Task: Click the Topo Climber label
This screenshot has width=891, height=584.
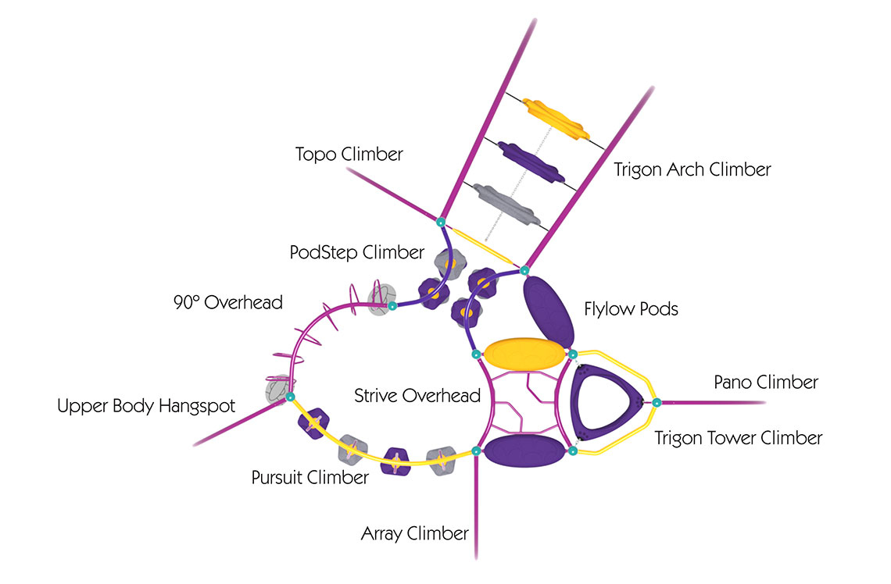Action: click(x=349, y=155)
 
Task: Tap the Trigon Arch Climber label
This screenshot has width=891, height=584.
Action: click(x=692, y=169)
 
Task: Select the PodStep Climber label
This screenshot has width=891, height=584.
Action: click(x=357, y=252)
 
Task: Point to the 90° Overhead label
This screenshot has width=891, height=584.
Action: click(x=228, y=302)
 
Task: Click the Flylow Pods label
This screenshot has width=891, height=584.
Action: click(x=632, y=309)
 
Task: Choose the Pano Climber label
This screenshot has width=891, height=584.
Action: click(x=766, y=383)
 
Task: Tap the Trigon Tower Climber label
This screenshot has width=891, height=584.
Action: click(x=738, y=438)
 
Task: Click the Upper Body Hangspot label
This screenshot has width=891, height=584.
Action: click(x=146, y=406)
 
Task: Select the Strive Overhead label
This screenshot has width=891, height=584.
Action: click(x=417, y=396)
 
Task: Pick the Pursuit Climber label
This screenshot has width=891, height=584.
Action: click(x=310, y=477)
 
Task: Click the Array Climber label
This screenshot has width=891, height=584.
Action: click(x=415, y=533)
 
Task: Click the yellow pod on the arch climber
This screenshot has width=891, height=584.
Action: click(x=556, y=119)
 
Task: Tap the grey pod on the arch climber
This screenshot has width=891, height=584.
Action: click(x=506, y=205)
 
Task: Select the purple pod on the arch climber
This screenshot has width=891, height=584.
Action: click(x=531, y=162)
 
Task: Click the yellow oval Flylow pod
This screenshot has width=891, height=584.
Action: click(x=524, y=354)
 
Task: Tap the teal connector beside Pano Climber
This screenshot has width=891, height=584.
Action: click(x=657, y=403)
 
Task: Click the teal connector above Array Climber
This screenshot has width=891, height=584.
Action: click(x=476, y=451)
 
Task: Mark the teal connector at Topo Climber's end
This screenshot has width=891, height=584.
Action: click(x=440, y=223)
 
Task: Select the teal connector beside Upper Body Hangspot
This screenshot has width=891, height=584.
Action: click(x=290, y=397)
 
